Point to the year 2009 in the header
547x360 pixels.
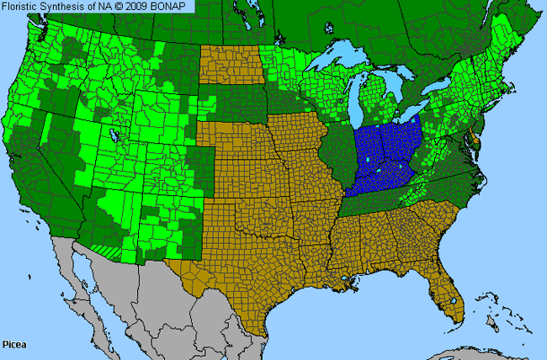141,7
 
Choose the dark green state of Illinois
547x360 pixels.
336,151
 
